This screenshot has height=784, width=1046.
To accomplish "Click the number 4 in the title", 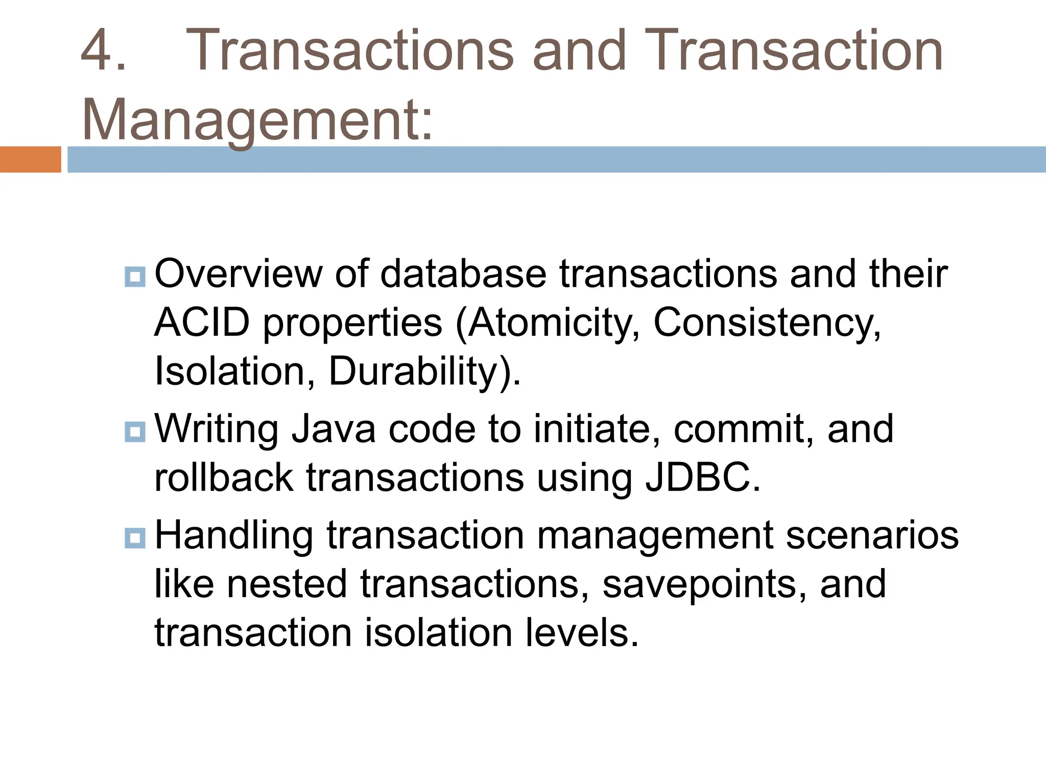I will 97,51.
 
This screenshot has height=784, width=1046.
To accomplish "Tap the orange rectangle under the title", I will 30,159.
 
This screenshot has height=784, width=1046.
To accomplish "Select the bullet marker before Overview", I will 135,277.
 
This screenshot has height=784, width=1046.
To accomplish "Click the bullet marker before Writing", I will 135,432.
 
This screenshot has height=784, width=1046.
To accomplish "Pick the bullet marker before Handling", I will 135,538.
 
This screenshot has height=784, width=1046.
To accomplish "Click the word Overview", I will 238,275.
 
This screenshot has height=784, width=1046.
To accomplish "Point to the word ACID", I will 202,323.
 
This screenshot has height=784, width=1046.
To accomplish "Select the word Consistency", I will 766,323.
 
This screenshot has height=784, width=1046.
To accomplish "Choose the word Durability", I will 413,371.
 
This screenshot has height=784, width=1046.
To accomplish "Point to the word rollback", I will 224,478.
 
